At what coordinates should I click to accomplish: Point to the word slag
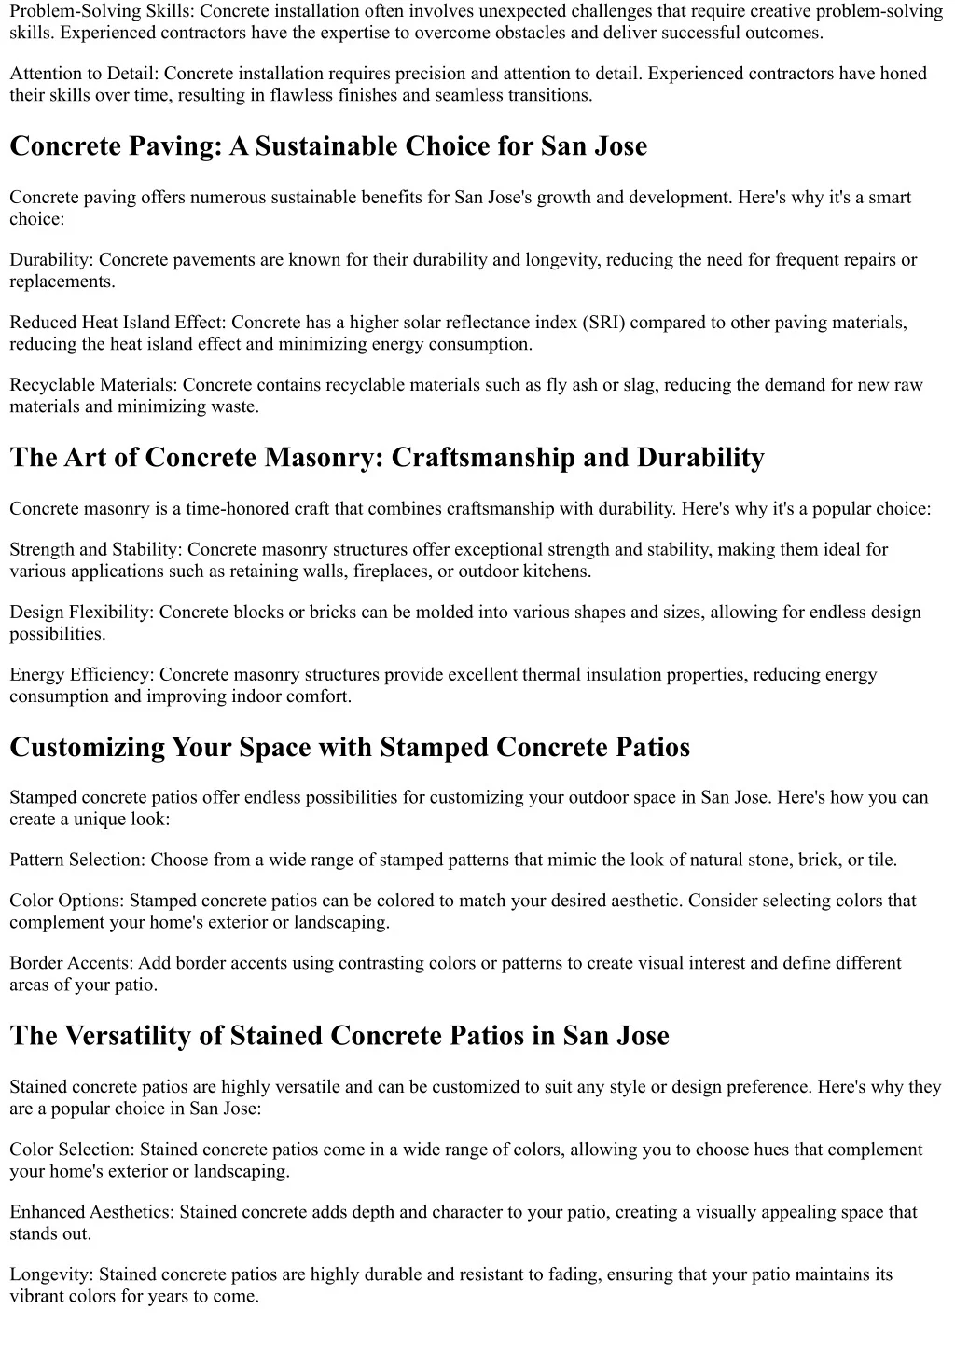634,385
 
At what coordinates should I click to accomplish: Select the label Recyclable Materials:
94,385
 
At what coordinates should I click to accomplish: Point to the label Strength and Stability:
97,550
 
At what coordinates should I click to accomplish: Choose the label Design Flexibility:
83,613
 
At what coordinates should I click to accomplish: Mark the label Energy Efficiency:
83,675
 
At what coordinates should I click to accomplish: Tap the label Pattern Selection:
78,861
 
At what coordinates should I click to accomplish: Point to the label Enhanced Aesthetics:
92,1212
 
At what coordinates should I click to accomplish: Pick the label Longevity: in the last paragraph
52,1274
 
